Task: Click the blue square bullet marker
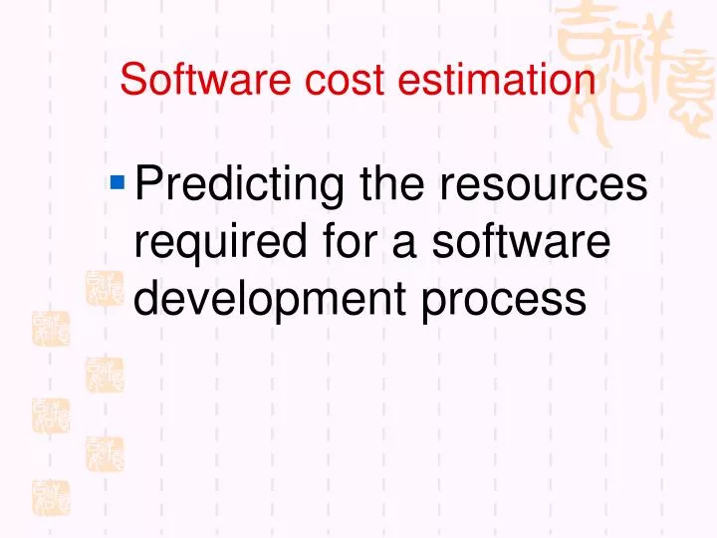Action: (x=118, y=181)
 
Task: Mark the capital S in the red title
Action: (x=130, y=80)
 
